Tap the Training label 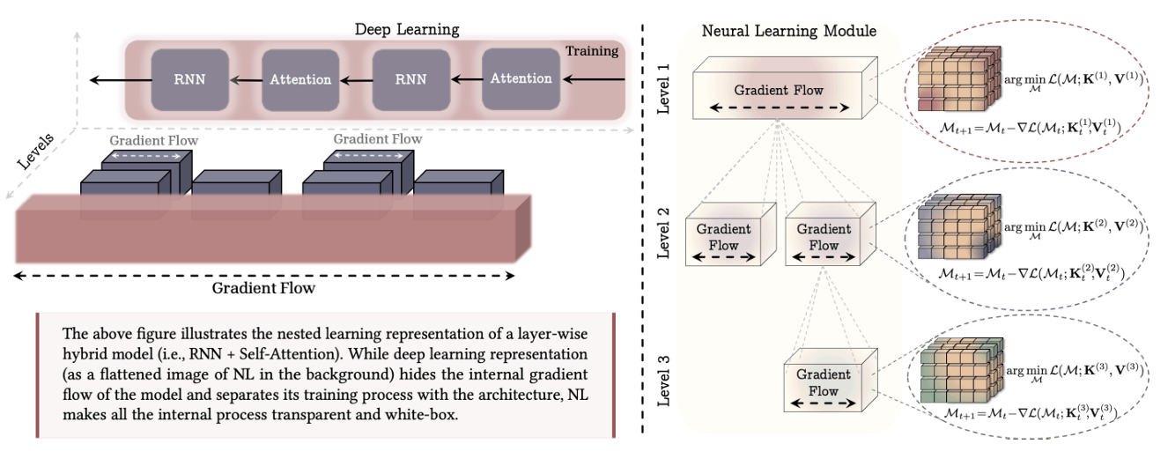(x=591, y=51)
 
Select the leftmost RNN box (x=189, y=79)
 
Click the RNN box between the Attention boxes (x=410, y=79)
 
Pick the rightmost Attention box (x=521, y=79)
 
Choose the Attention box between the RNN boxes (x=300, y=79)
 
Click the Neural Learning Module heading (x=788, y=32)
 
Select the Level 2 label (x=665, y=233)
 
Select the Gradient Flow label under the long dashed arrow (x=263, y=288)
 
